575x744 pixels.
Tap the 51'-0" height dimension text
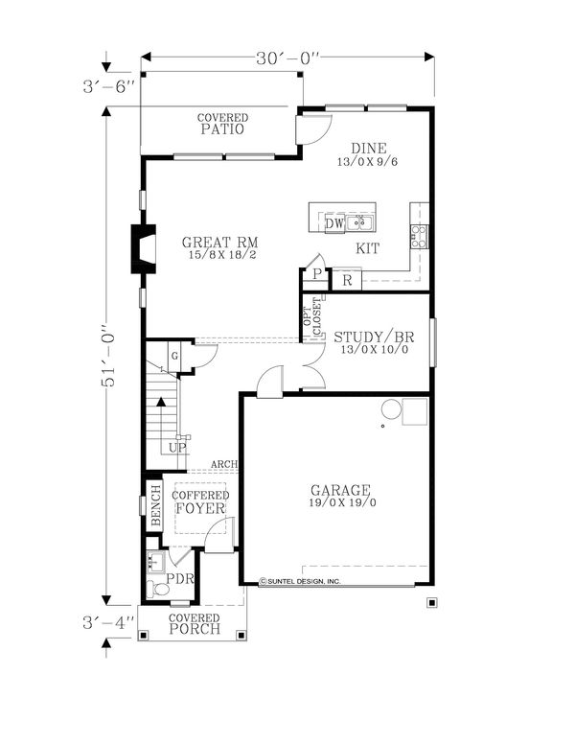click(x=109, y=355)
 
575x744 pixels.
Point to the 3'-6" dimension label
click(x=109, y=87)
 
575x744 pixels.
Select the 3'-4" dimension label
click(x=109, y=622)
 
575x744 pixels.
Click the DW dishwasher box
click(x=335, y=223)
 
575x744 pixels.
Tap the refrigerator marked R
click(x=347, y=280)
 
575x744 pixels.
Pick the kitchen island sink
click(x=359, y=222)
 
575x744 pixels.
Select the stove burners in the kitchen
click(x=419, y=236)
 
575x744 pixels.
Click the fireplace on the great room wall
click(x=144, y=248)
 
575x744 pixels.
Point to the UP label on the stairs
click(x=177, y=448)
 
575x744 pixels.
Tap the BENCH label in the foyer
click(x=155, y=506)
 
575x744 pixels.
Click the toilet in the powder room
click(x=158, y=589)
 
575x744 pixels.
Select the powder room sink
click(x=155, y=562)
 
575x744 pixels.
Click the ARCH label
click(x=224, y=464)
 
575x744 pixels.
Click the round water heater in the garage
click(x=392, y=409)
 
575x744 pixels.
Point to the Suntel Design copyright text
click(x=300, y=581)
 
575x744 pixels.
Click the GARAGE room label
click(x=340, y=490)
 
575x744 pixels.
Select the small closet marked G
click(x=174, y=356)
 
